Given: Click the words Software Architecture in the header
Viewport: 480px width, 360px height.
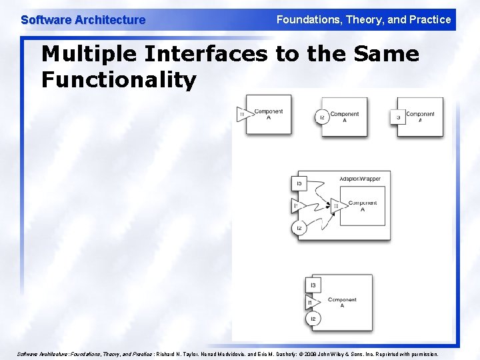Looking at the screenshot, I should pyautogui.click(x=83, y=20).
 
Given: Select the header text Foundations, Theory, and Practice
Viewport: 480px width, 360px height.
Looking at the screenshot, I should pyautogui.click(x=363, y=19).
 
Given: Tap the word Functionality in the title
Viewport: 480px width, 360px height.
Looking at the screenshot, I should pyautogui.click(x=119, y=81).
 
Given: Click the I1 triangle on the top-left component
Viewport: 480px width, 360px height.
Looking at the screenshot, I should pyautogui.click(x=242, y=115).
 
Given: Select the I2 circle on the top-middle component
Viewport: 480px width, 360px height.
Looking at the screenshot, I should pyautogui.click(x=321, y=117).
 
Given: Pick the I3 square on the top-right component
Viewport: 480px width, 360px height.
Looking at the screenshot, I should pyautogui.click(x=398, y=117).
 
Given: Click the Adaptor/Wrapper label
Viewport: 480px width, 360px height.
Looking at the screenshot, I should pyautogui.click(x=361, y=179).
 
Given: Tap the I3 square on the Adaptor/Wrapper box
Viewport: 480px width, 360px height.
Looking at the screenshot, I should pyautogui.click(x=299, y=183).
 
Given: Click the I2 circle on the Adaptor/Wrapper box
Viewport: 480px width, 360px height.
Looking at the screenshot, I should pyautogui.click(x=299, y=229).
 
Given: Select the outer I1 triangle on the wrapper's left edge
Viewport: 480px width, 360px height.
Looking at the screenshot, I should pyautogui.click(x=297, y=206).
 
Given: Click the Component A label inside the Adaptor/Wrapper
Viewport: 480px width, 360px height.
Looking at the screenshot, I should pyautogui.click(x=362, y=206).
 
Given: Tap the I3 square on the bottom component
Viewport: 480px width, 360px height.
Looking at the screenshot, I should pyautogui.click(x=312, y=285).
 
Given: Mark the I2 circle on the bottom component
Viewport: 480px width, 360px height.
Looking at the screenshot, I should pyautogui.click(x=312, y=320).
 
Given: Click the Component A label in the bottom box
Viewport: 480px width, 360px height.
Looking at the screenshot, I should pyautogui.click(x=342, y=303).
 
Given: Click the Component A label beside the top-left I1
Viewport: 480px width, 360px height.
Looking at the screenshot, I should pyautogui.click(x=269, y=115).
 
